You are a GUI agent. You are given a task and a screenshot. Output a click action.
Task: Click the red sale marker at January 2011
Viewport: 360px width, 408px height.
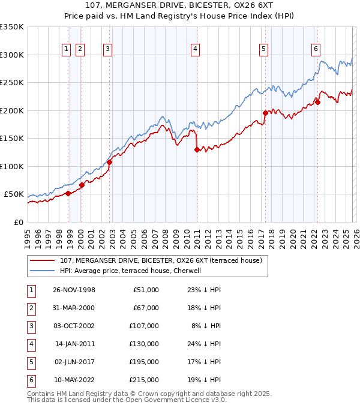pos(197,150)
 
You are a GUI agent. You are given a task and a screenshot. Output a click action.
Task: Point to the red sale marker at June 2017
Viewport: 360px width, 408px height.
pos(265,113)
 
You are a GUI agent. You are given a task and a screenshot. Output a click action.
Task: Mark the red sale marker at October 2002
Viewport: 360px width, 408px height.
pos(109,162)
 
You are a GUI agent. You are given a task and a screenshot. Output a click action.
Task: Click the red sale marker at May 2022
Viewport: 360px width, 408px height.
pos(317,102)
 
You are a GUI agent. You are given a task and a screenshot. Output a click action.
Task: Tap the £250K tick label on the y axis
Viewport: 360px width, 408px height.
pos(12,83)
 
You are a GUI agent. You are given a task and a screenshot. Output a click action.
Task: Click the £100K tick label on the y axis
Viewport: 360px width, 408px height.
pos(12,166)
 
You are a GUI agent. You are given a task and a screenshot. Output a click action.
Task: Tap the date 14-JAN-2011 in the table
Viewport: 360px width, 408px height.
pos(74,344)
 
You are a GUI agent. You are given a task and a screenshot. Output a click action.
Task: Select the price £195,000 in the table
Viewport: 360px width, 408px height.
pos(143,362)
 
